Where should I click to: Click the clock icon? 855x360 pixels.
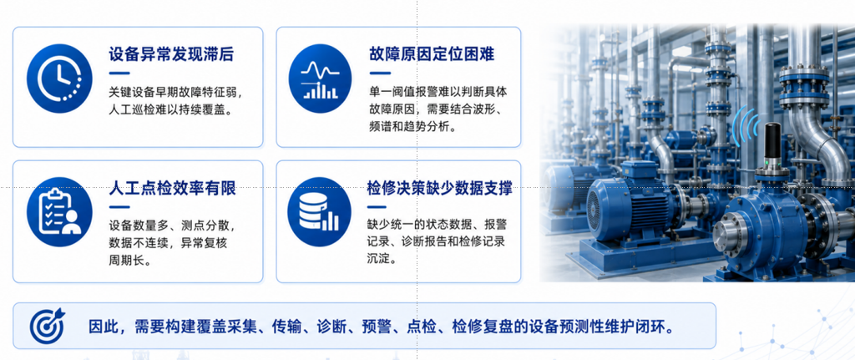point(59,79)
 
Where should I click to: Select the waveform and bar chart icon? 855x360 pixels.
point(320,79)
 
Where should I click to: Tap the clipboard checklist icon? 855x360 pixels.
point(59,212)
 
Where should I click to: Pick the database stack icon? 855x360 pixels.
point(320,212)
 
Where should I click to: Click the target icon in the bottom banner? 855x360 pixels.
point(47,327)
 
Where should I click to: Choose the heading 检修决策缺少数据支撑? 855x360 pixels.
point(440,190)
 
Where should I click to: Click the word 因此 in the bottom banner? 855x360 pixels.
point(104,327)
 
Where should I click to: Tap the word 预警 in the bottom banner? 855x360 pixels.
point(377,327)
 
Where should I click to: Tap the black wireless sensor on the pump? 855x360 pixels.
point(771,146)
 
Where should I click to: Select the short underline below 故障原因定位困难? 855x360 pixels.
point(380,74)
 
